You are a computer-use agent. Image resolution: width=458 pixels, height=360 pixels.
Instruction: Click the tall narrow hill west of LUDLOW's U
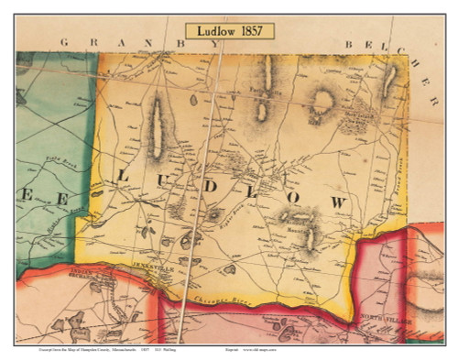pyautogui.click(x=156, y=127)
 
